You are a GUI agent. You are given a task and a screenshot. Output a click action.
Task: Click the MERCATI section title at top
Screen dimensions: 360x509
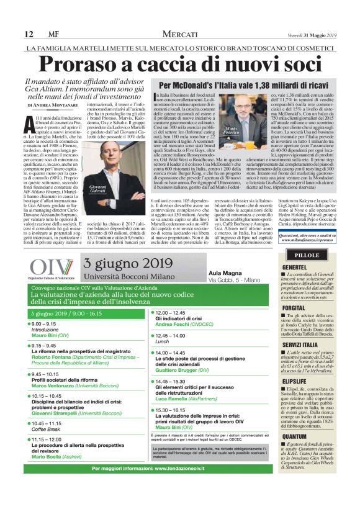click(x=181, y=34)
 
